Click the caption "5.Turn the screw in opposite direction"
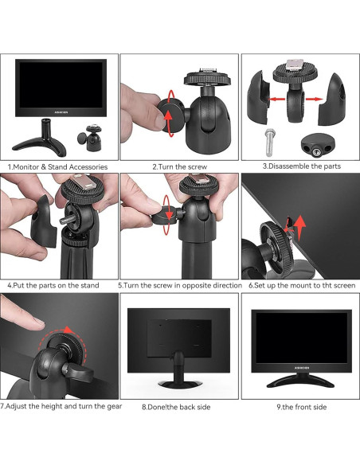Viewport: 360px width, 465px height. coord(180,284)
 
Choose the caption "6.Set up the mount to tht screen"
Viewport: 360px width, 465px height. coord(301,284)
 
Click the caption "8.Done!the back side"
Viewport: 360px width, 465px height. coord(179,407)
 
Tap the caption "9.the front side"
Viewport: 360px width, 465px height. coord(301,407)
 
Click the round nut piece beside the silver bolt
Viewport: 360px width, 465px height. coord(318,145)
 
